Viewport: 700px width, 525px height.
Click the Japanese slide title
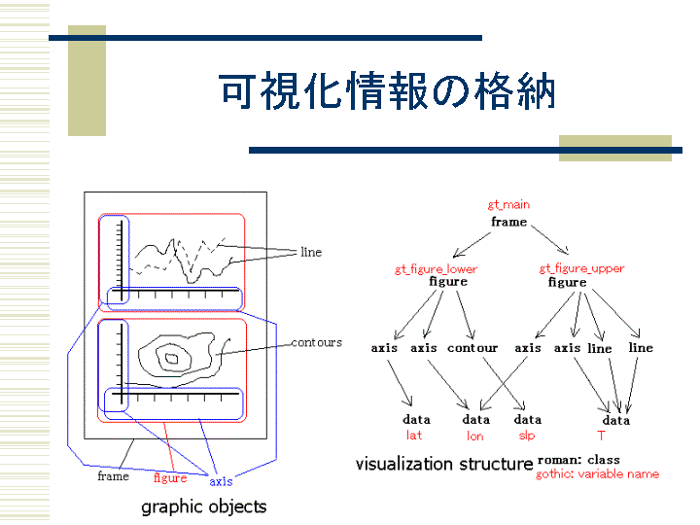point(388,91)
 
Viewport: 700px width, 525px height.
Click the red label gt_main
point(508,205)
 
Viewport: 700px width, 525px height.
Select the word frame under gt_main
point(508,222)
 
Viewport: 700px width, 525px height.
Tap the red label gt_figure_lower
point(436,269)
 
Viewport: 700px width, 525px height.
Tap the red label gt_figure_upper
point(581,268)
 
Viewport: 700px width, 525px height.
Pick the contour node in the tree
point(472,348)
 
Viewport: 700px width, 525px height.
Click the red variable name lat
point(414,435)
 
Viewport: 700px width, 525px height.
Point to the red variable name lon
point(475,436)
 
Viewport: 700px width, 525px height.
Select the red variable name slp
point(527,436)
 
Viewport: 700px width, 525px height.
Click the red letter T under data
point(602,436)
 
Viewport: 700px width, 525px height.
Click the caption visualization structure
point(444,464)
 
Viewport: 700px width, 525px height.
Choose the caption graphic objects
point(203,507)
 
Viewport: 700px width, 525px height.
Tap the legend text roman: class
point(578,460)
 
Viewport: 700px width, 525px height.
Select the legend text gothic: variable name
point(597,473)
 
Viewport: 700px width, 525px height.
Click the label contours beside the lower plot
point(317,342)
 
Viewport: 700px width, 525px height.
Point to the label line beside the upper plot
point(311,252)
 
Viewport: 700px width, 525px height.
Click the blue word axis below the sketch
point(221,481)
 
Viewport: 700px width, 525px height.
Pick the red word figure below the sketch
point(170,478)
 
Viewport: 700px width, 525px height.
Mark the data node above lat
point(416,419)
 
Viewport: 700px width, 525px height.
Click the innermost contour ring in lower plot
point(172,358)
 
